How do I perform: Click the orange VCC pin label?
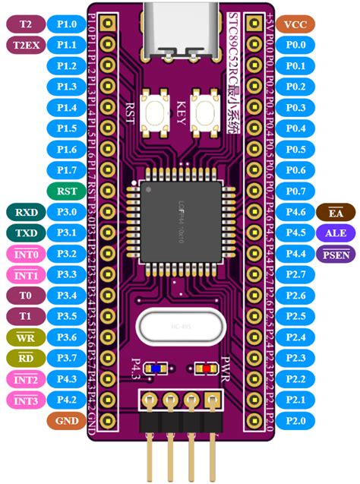[293, 24]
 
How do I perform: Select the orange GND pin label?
[66, 419]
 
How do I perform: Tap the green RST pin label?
[66, 190]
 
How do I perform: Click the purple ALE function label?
[334, 232]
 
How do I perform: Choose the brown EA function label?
[334, 211]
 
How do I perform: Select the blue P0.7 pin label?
[293, 190]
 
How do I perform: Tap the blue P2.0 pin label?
[293, 419]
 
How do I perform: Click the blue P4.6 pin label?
[293, 211]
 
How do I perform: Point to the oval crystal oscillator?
[179, 328]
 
